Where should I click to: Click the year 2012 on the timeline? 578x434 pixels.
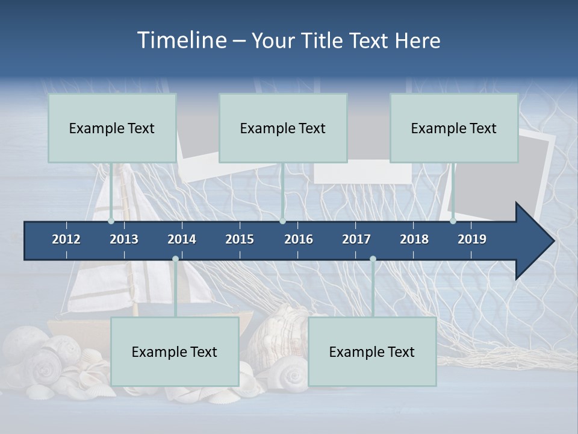pos(66,239)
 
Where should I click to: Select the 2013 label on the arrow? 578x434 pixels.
pos(124,239)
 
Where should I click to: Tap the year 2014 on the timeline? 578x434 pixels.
pos(182,239)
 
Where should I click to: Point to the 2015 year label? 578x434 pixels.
pos(240,239)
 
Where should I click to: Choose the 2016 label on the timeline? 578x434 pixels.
pos(299,239)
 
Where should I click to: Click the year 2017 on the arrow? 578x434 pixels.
pos(356,239)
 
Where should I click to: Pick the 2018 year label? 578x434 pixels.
pos(414,239)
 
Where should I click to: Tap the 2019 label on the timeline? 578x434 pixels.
pos(472,239)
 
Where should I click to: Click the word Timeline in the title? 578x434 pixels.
pos(181,40)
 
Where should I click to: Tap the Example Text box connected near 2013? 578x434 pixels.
pos(112,128)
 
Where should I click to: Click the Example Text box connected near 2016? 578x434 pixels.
pos(283,128)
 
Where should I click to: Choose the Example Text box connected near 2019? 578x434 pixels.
pos(454,128)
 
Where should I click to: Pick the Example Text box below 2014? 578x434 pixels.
pos(175,351)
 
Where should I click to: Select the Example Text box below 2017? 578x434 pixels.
pos(372,351)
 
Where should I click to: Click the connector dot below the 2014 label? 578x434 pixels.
pos(175,259)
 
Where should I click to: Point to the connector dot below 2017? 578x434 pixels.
pos(373,259)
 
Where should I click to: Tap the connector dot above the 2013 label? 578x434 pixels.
pos(111,221)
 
